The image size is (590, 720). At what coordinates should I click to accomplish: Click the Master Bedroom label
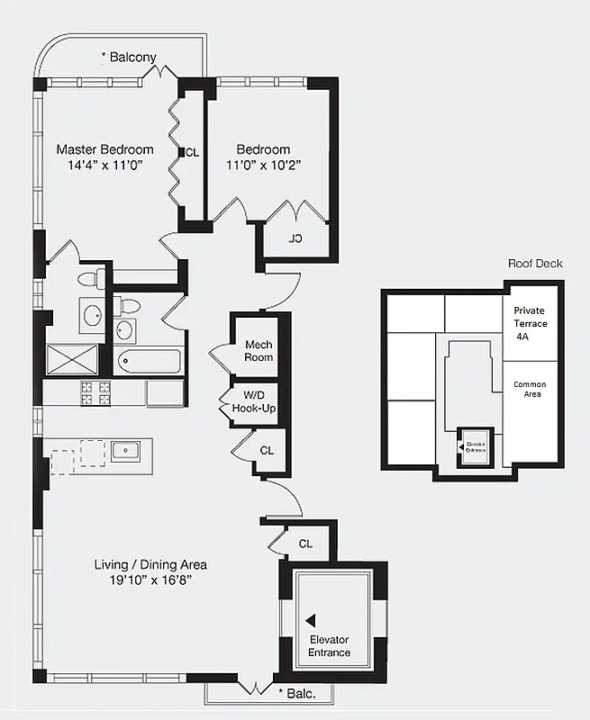pos(104,149)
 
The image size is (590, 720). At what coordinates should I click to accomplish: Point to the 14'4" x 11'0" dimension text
pos(104,166)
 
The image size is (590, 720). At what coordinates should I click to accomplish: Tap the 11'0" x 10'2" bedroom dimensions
pos(263,166)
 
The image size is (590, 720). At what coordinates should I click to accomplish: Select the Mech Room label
pos(259,351)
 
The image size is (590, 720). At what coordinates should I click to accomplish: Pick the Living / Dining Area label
pos(150,564)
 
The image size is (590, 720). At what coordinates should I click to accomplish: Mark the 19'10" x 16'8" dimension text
pos(150,580)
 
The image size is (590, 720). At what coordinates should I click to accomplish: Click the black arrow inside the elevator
pos(311,620)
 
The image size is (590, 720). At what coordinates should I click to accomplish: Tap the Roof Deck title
pos(535,264)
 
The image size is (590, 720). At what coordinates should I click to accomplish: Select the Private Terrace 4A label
pos(530,322)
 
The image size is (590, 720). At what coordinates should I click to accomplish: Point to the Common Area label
pos(530,390)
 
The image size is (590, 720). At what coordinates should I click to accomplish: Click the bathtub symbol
pos(150,363)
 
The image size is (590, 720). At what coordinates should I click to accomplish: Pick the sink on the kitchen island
pos(124,450)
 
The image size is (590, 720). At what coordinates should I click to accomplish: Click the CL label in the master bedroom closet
pos(192,151)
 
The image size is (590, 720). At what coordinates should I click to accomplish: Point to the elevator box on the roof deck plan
pos(473,445)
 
